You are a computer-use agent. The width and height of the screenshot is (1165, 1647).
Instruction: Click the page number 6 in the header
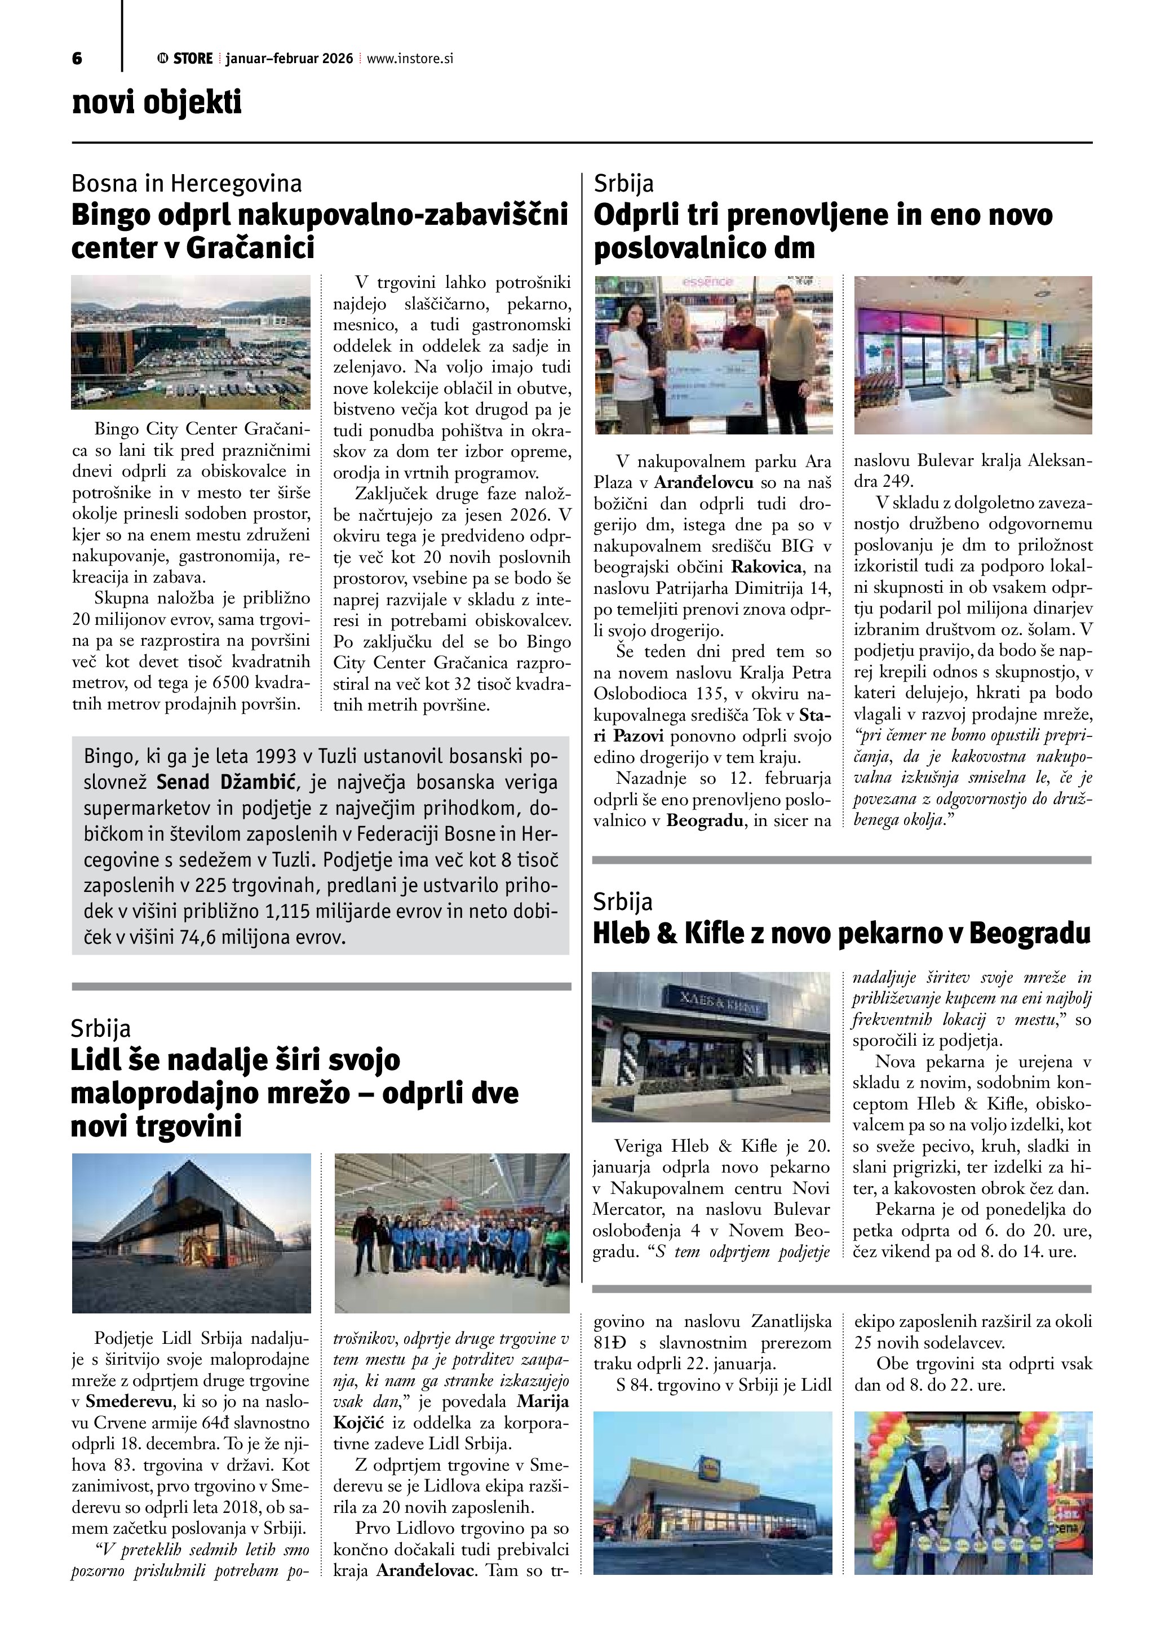[77, 59]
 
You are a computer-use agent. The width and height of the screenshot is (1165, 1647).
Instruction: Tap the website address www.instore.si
[410, 59]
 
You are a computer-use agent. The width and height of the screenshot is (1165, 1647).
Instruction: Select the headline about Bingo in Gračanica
[319, 231]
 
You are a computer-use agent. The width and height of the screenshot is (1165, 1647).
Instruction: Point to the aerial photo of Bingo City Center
[191, 342]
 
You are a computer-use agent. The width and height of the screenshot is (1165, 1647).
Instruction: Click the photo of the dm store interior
[973, 355]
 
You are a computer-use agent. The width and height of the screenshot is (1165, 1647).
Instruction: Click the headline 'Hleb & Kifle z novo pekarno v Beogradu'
[841, 934]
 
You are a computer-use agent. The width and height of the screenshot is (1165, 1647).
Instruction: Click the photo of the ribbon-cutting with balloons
[973, 1493]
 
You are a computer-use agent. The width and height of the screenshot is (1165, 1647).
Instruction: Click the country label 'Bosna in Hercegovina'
[187, 184]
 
